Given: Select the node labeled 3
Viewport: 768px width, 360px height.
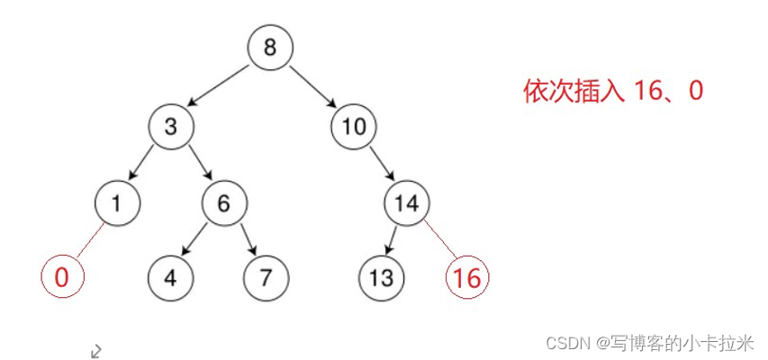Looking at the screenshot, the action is pos(171,126).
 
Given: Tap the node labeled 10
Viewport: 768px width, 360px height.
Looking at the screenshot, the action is pos(354,126).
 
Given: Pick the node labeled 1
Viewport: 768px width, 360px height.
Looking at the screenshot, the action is pos(116,202).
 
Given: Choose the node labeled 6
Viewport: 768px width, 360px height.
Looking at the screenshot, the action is pos(223,202).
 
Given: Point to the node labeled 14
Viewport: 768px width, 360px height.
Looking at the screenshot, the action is pos(407,202).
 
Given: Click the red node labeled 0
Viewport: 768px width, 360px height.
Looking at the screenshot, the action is pos(61,276).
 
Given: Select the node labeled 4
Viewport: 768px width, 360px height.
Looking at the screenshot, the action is pos(170,276).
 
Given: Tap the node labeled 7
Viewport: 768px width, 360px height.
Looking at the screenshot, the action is pos(265,276).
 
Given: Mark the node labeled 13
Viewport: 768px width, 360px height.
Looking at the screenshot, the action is pos(381,276).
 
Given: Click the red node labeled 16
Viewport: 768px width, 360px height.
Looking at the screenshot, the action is pos(467,276).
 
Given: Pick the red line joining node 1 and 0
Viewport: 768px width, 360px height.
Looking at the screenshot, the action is pos(89,239).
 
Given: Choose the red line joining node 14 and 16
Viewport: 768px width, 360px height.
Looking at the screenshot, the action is pos(438,239).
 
